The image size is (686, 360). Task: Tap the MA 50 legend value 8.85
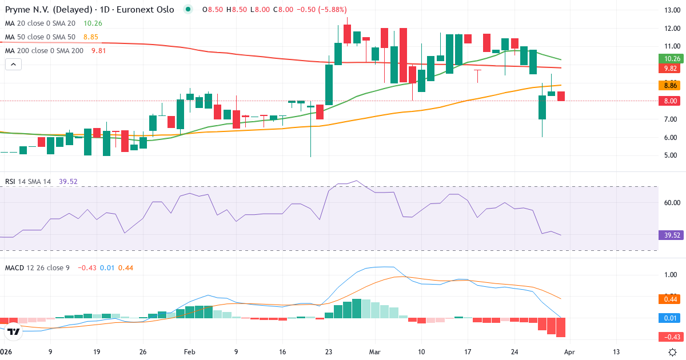[90, 37]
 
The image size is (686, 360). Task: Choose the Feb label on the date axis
[189, 352]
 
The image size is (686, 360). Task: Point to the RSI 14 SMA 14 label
[28, 182]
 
